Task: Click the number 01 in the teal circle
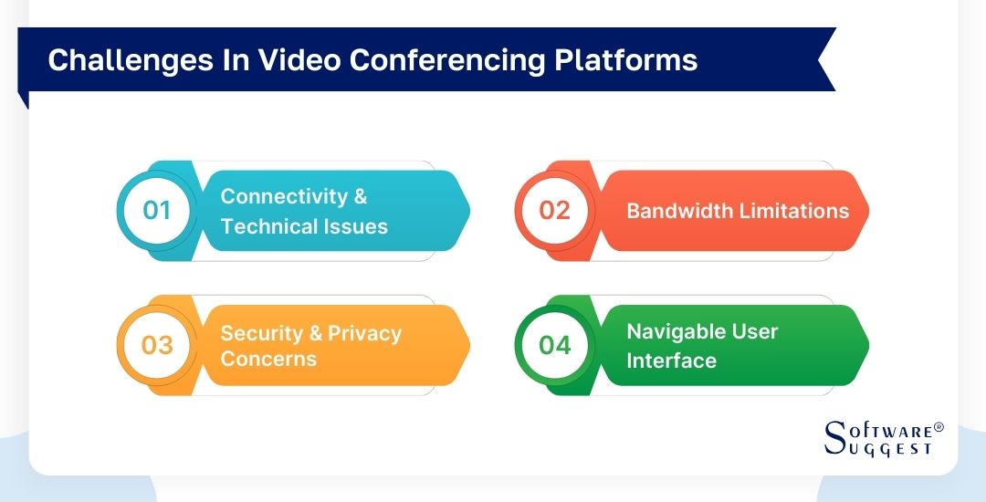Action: point(157,211)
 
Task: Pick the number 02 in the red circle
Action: point(554,211)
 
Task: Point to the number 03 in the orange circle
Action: point(157,345)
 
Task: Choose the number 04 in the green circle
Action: point(554,345)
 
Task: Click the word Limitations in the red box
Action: point(794,211)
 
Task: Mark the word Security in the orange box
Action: point(260,332)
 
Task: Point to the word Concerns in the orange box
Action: point(268,359)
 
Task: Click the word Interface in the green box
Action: point(671,361)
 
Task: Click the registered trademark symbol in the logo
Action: point(938,427)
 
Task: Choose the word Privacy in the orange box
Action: point(364,332)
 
